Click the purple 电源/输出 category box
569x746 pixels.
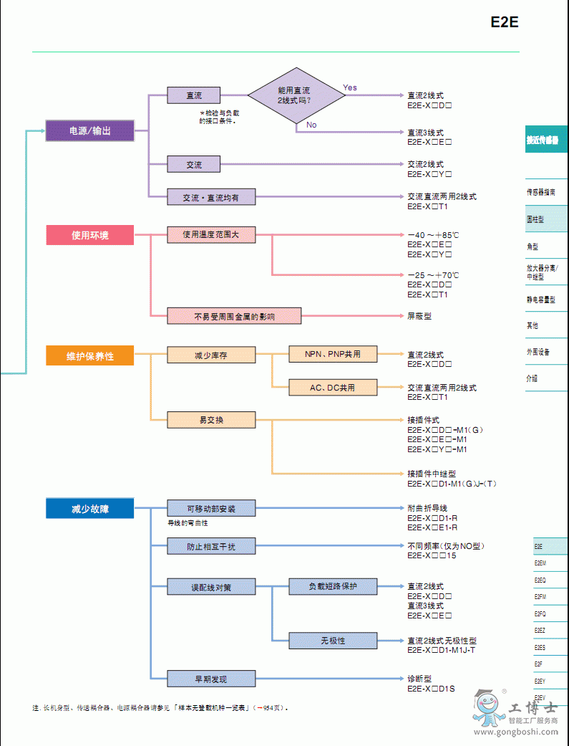click(89, 131)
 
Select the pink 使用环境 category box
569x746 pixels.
click(89, 235)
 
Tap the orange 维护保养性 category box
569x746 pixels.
click(89, 355)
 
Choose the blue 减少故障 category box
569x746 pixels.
click(89, 509)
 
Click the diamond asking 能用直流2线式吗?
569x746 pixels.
click(294, 96)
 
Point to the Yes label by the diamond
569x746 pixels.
click(349, 87)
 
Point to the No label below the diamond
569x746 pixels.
click(311, 125)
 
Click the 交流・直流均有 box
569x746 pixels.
click(210, 196)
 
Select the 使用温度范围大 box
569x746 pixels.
click(210, 234)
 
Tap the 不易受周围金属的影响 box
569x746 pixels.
click(234, 315)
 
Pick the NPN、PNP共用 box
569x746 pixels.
click(332, 354)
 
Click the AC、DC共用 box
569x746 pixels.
click(332, 388)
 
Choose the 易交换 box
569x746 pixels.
click(210, 419)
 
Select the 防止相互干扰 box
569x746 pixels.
click(210, 546)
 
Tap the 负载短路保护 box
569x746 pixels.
click(332, 586)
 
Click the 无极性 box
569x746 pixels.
click(332, 640)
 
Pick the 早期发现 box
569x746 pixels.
click(210, 679)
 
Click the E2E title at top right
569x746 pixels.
click(504, 22)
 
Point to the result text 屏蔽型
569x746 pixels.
click(419, 315)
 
